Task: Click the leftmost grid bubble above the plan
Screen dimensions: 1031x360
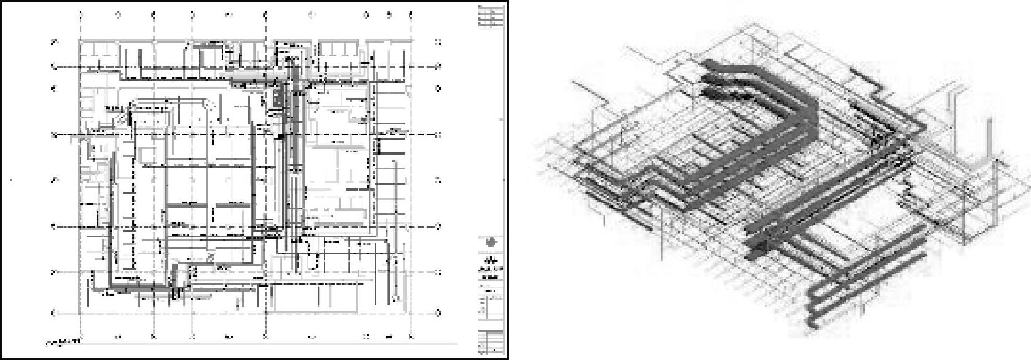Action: (81, 14)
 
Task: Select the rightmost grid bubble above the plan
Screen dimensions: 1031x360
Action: (411, 14)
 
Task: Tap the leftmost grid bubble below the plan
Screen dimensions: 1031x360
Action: (81, 336)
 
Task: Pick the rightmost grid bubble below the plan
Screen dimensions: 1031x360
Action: (411, 336)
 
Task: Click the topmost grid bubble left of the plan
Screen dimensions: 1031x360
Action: (54, 42)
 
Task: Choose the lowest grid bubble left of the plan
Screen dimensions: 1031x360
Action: (54, 313)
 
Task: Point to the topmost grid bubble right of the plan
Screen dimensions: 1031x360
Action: (438, 42)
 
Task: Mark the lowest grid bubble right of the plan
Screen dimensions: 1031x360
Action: (438, 313)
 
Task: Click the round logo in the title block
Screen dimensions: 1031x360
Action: (491, 243)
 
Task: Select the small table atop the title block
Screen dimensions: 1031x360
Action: (491, 16)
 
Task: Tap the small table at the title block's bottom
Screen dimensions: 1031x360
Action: (491, 341)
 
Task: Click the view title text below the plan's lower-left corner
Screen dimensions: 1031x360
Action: (63, 342)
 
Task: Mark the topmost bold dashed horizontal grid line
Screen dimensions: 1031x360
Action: (243, 66)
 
